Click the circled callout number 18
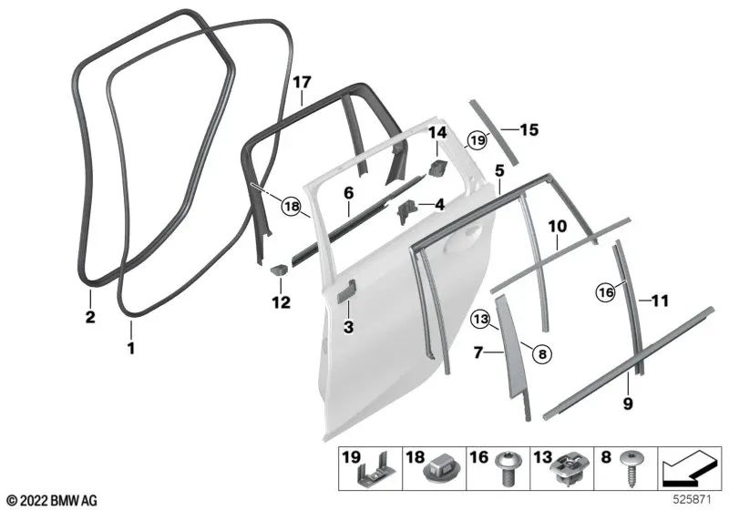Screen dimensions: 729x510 (x=292, y=206)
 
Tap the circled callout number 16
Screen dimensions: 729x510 (x=606, y=292)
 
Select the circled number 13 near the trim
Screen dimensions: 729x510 (x=480, y=320)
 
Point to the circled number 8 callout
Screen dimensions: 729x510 (x=542, y=354)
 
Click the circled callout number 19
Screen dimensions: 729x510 (x=477, y=139)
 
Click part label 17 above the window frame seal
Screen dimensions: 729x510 (x=302, y=83)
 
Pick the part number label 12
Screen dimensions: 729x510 (x=281, y=302)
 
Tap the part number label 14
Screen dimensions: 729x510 (x=437, y=133)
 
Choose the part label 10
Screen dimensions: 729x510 (x=558, y=226)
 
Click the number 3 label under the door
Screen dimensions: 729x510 (x=348, y=327)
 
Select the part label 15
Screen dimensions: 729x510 (x=529, y=129)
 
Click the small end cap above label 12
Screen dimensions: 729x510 (x=280, y=269)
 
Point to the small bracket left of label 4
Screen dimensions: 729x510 (x=406, y=210)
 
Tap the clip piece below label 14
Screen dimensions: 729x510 (x=436, y=168)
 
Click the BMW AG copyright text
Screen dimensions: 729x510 (x=52, y=501)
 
